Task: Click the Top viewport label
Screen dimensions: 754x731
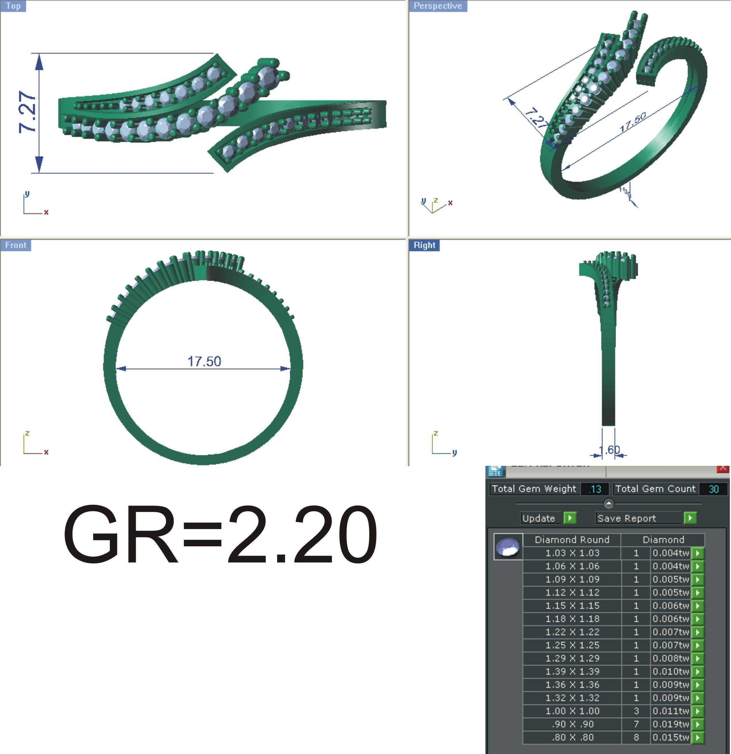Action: [x=13, y=6]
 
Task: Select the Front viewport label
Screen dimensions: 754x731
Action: [x=16, y=245]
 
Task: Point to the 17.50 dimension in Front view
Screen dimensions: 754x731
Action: [x=204, y=361]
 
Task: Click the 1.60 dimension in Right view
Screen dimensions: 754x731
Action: [x=609, y=449]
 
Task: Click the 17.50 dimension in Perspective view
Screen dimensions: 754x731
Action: [x=633, y=122]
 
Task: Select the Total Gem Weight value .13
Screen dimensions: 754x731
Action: [x=595, y=489]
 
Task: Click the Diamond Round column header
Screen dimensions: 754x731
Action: [x=572, y=540]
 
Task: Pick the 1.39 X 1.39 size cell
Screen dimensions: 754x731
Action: [x=572, y=671]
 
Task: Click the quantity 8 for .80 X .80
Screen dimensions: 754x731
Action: [x=636, y=737]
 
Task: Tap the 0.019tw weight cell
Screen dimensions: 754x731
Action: [x=670, y=724]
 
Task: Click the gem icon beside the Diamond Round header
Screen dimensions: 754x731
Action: [x=508, y=547]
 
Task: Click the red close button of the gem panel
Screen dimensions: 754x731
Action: [x=723, y=468]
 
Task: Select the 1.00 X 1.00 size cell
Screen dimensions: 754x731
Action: [x=572, y=711]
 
